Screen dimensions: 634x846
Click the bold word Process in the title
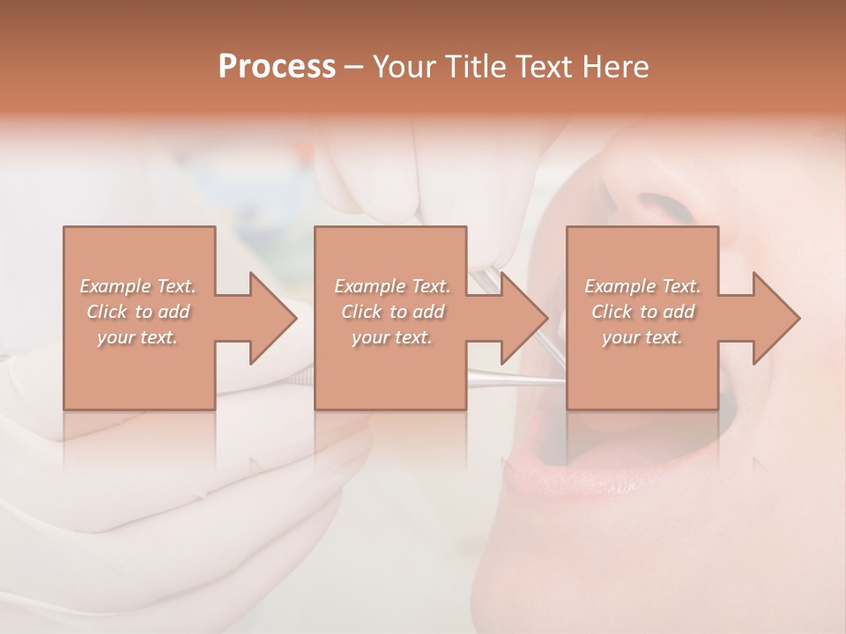tap(277, 66)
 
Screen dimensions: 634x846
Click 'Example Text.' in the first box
tap(138, 286)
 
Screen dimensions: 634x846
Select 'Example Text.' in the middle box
tap(392, 286)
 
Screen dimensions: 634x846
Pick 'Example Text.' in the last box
tap(642, 286)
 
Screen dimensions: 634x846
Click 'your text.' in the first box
tap(138, 337)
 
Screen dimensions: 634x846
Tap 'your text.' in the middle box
tap(392, 337)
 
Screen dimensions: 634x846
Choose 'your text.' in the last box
tap(642, 337)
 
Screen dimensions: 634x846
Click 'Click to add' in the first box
tap(138, 312)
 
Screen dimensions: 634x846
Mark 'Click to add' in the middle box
tap(392, 312)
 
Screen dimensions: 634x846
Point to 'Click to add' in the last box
tap(642, 312)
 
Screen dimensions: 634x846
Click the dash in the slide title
tap(354, 67)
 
